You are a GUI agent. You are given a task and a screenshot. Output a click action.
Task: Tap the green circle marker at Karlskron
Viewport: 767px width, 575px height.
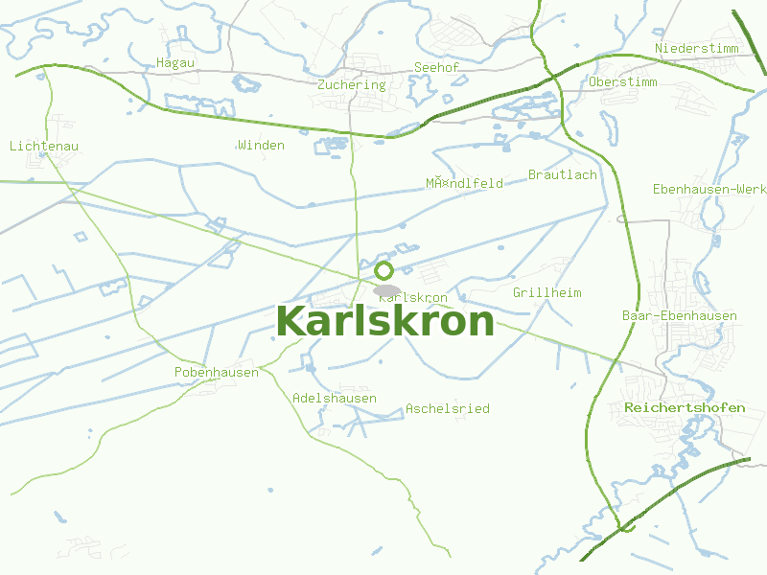tap(384, 270)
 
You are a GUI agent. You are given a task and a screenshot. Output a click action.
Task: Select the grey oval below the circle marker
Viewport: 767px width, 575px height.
tap(387, 289)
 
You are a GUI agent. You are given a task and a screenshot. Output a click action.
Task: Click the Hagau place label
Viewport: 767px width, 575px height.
tap(175, 63)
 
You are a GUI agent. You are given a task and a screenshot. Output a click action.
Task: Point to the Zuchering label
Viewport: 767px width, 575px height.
tap(351, 84)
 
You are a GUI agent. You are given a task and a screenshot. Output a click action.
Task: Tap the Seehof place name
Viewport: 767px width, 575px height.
tap(436, 67)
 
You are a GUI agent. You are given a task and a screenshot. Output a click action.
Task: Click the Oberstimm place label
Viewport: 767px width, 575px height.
tap(624, 82)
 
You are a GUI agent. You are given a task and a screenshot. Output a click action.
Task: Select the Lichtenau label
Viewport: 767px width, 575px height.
tap(43, 146)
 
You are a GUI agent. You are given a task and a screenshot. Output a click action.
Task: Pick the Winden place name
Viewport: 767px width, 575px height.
tap(261, 146)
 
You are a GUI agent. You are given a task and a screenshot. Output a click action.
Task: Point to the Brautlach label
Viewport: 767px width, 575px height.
tap(563, 174)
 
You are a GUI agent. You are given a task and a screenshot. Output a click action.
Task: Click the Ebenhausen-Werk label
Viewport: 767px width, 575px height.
tap(709, 189)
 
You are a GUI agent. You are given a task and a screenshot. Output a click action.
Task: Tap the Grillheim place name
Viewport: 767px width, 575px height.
tap(547, 292)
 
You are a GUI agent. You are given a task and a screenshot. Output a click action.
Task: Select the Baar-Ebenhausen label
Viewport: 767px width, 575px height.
tap(680, 315)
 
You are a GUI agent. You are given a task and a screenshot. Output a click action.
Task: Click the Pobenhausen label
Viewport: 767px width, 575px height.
tap(217, 372)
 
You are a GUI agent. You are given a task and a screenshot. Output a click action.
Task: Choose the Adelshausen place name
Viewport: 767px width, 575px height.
tap(335, 398)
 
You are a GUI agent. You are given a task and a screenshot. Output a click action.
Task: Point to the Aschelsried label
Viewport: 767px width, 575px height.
tap(448, 408)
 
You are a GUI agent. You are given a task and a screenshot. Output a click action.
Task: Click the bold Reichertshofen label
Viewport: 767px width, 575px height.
tap(685, 407)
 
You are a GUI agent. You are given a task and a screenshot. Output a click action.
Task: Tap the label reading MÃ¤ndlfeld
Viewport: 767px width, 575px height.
tap(465, 183)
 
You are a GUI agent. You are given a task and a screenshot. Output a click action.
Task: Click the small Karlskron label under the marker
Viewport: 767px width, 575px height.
tap(414, 298)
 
